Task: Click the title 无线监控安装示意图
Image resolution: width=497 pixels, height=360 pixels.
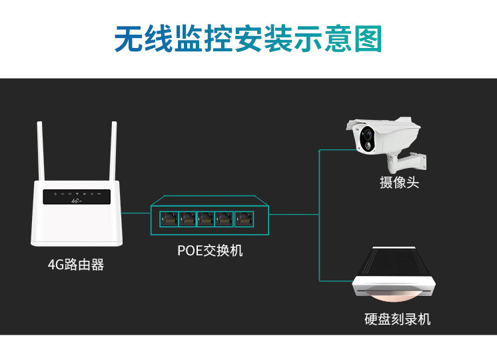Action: pyautogui.click(x=248, y=39)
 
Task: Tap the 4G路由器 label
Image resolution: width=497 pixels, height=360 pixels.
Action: pyautogui.click(x=76, y=265)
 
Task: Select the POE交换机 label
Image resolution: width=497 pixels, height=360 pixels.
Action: pyautogui.click(x=210, y=251)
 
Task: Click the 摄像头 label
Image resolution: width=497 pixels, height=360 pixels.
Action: pyautogui.click(x=400, y=183)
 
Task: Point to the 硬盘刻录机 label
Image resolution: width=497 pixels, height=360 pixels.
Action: pyautogui.click(x=398, y=319)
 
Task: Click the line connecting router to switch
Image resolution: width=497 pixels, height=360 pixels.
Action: pyautogui.click(x=136, y=214)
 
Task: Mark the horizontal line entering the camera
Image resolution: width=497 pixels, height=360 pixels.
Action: pyautogui.click(x=336, y=150)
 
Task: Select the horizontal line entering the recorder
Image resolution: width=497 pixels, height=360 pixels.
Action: pyautogui.click(x=336, y=280)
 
